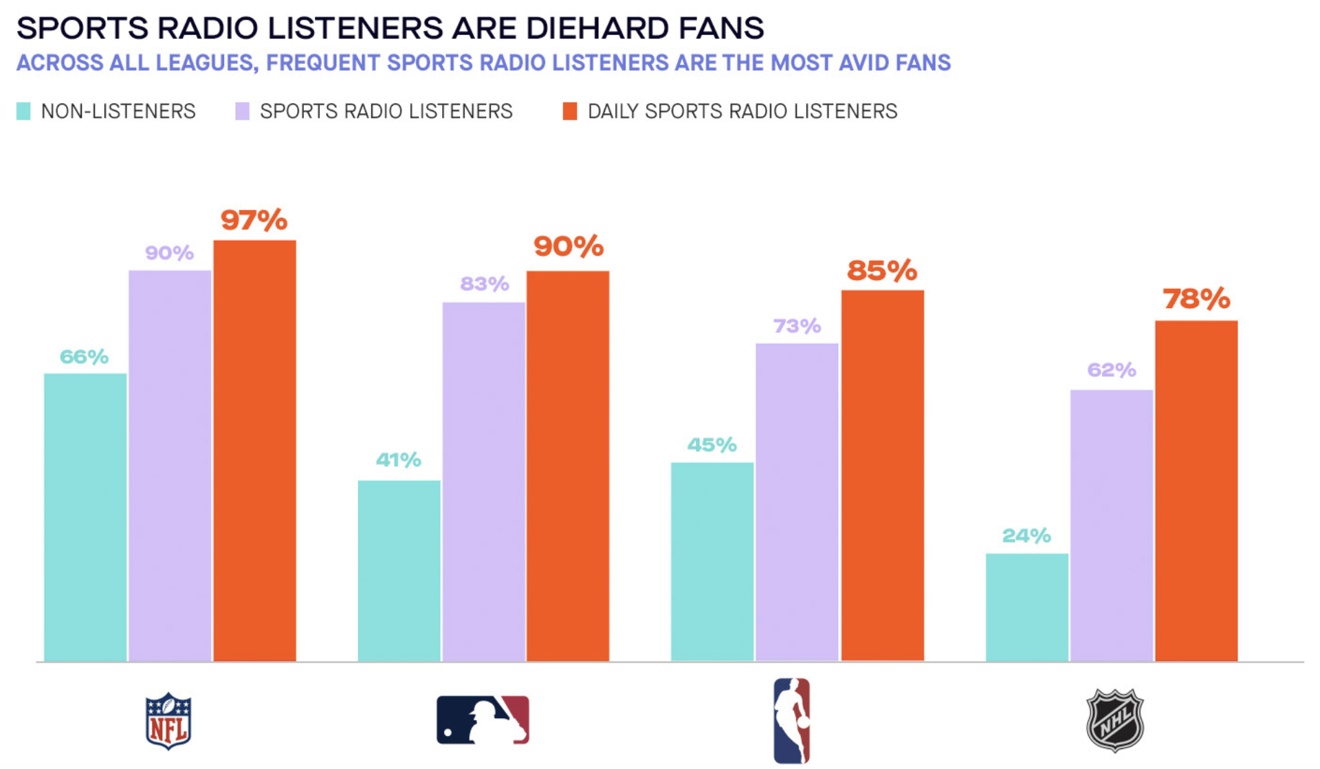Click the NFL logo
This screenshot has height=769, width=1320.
click(x=168, y=721)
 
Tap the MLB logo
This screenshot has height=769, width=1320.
click(x=483, y=720)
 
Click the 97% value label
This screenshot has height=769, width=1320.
click(x=254, y=221)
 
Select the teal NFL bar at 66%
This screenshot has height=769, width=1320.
click(x=85, y=517)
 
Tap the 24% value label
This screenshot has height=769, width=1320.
click(x=1026, y=536)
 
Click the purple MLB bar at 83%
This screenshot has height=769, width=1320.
click(x=483, y=481)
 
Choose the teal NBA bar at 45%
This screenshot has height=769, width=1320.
click(x=712, y=561)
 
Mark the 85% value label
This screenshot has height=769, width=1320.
click(x=882, y=271)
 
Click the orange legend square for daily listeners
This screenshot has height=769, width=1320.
click(x=570, y=111)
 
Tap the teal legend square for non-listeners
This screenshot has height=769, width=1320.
click(x=23, y=111)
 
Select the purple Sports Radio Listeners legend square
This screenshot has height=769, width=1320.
click(x=242, y=111)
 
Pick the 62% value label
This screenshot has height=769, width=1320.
click(x=1111, y=371)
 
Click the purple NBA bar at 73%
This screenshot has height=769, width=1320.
click(x=797, y=502)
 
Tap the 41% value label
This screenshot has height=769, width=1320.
click(x=398, y=460)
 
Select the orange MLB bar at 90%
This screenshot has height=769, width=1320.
click(x=568, y=466)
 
